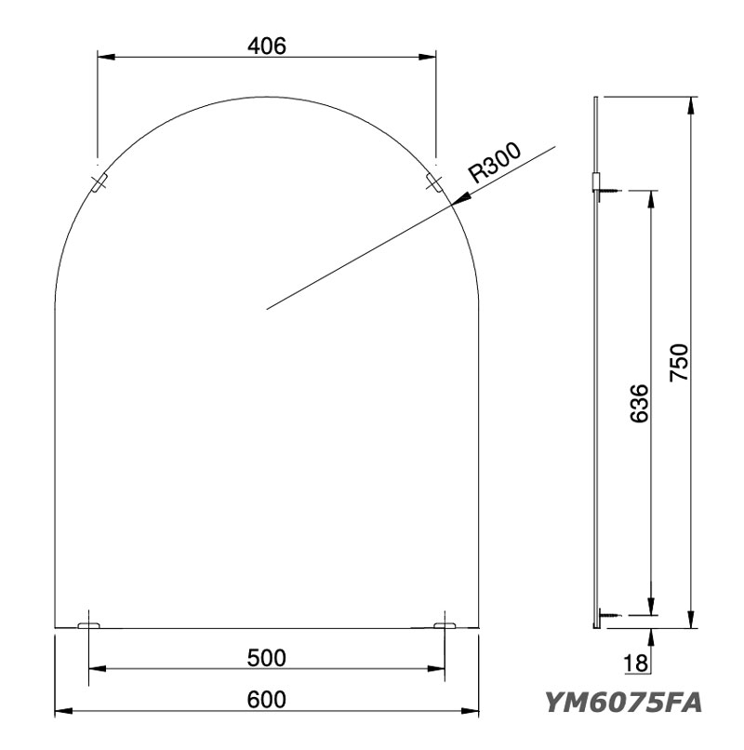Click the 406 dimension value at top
tap(267, 43)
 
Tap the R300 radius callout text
tap(495, 164)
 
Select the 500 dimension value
tap(266, 658)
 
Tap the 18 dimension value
tap(636, 664)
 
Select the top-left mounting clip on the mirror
tap(99, 181)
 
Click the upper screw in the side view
tap(607, 192)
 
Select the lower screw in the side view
tap(607, 615)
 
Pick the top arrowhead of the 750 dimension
tap(690, 103)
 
